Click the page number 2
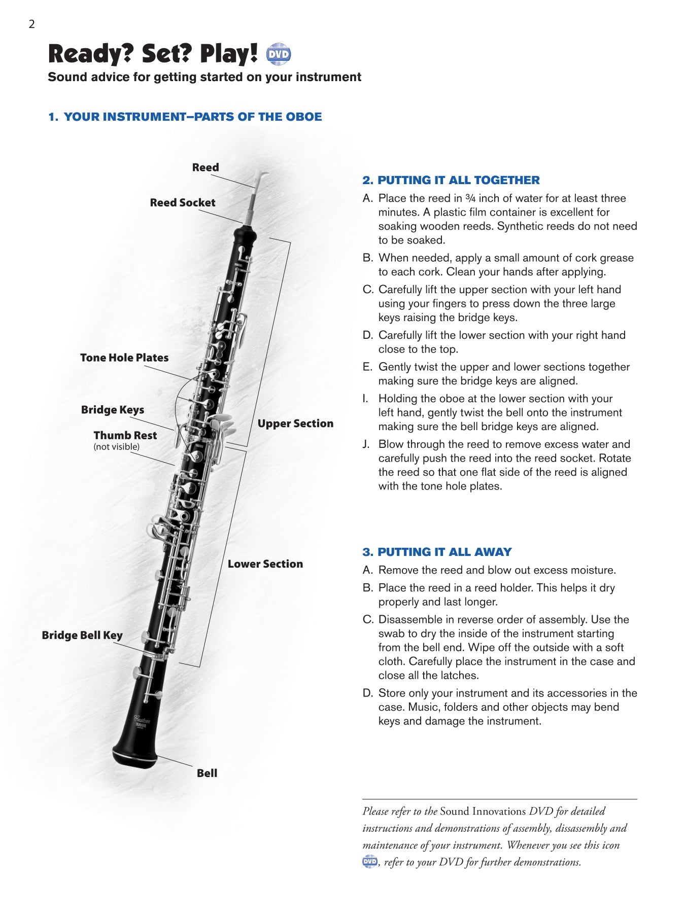point(31,24)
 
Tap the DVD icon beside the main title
point(279,54)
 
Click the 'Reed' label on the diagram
point(205,167)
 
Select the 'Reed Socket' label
point(183,202)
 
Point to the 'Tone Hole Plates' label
point(124,358)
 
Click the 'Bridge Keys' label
point(113,410)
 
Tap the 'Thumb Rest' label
point(125,435)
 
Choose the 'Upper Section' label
point(295,424)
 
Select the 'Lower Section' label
point(265,564)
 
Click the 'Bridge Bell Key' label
point(82,635)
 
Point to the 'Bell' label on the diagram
point(207,773)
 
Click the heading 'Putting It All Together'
point(451,180)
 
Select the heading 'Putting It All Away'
point(437,552)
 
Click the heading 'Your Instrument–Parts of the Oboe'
point(185,117)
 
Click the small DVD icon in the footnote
point(370,861)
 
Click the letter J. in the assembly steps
point(366,444)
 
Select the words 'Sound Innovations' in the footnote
point(483,811)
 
